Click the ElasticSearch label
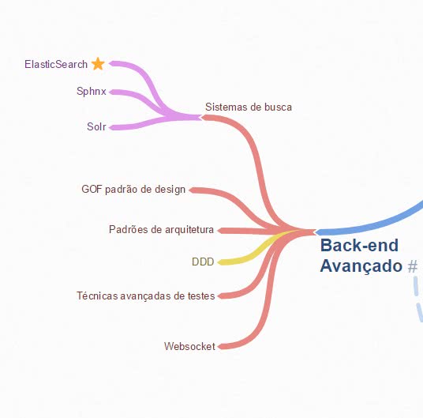[x=56, y=64]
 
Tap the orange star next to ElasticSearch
[x=98, y=64]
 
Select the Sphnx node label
[x=92, y=92]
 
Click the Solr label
[x=96, y=126]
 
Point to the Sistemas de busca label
[x=249, y=107]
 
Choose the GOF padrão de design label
[x=133, y=190]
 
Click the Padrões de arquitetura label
[x=161, y=229]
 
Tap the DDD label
[x=203, y=262]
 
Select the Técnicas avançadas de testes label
[x=146, y=296]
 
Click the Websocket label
[x=189, y=346]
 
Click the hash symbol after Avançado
[x=413, y=266]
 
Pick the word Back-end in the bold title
[x=359, y=245]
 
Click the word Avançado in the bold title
[x=361, y=265]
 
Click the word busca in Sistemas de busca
[x=278, y=107]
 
